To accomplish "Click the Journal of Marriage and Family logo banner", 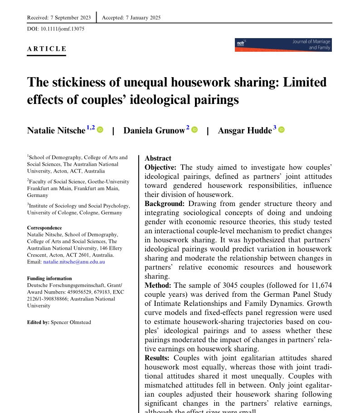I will [x=283, y=44].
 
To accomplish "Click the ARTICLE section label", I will [x=47, y=49].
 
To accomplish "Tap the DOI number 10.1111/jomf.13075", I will [x=63, y=29].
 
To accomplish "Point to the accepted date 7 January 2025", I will [x=141, y=18].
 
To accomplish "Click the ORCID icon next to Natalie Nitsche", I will [x=100, y=130].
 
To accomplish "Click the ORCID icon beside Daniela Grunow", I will [x=195, y=130].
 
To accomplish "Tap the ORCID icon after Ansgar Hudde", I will [x=281, y=130].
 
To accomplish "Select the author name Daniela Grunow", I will [x=154, y=131].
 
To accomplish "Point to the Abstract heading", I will [x=158, y=158].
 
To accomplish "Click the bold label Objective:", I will [x=161, y=167].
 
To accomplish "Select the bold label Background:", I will [x=164, y=204].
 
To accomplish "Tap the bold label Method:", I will [x=158, y=285].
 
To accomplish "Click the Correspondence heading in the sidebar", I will [x=44, y=228].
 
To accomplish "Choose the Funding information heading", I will [x=49, y=279].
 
